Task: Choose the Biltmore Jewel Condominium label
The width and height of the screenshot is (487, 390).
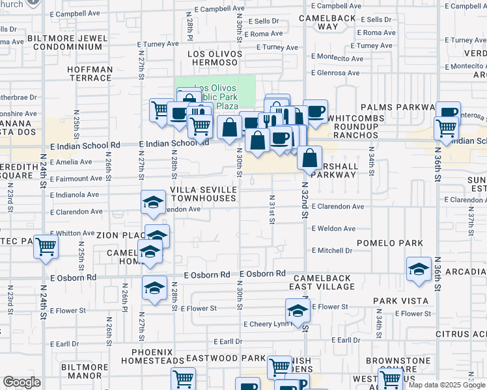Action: click(x=68, y=43)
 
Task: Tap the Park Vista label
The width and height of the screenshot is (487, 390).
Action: click(x=400, y=301)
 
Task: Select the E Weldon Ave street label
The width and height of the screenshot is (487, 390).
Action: click(x=333, y=229)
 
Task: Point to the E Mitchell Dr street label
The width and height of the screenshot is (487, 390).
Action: click(x=332, y=250)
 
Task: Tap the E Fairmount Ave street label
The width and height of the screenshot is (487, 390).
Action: click(x=72, y=178)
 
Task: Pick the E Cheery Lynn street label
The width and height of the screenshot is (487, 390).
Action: click(x=266, y=324)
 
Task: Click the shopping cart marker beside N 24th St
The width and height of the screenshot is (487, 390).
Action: click(x=46, y=247)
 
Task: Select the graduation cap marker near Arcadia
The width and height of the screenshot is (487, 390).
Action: click(x=419, y=269)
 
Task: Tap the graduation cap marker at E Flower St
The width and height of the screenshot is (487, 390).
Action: click(x=298, y=310)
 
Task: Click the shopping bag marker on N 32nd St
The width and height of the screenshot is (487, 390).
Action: click(x=310, y=157)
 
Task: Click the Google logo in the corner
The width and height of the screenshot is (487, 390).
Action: click(x=21, y=383)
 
